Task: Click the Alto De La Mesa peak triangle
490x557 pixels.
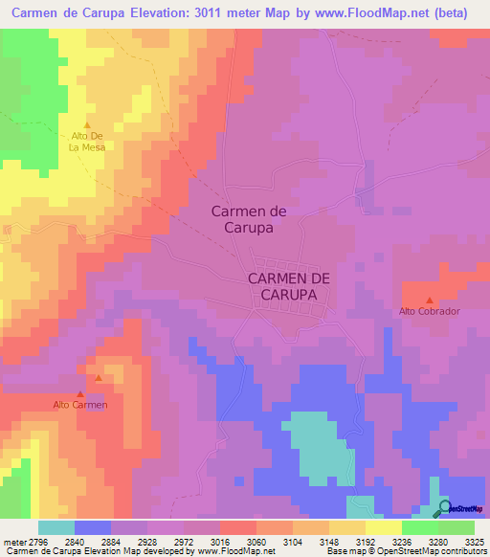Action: point(87,125)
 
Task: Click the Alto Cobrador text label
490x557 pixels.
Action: point(430,312)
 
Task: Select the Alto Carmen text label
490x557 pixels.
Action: point(80,405)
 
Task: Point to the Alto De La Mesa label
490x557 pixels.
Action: point(87,142)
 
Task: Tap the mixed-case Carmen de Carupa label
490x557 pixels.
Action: point(249,220)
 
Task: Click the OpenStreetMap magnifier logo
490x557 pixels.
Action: point(443,508)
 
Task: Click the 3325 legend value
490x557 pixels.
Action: point(475,542)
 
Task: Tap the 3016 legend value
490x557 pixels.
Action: point(220,542)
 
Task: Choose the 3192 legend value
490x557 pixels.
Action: point(366,542)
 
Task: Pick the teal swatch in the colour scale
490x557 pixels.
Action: point(56,527)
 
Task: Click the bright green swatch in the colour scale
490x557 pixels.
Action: point(419,527)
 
